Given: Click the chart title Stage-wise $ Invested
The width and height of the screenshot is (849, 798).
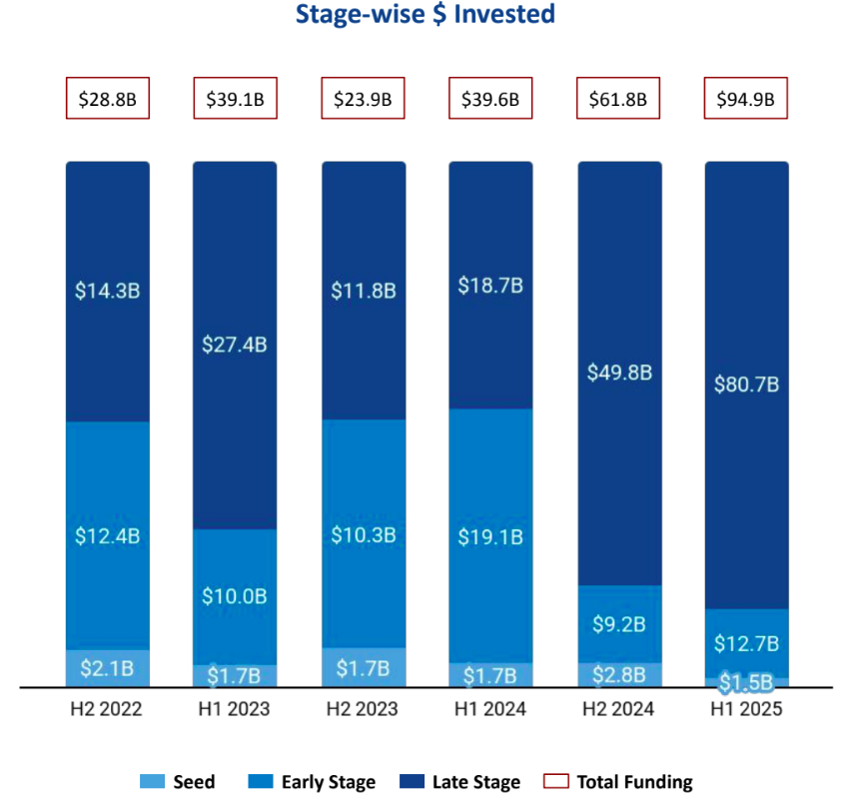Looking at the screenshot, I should click(424, 15).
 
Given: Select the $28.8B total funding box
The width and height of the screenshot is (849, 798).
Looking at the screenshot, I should click(108, 99).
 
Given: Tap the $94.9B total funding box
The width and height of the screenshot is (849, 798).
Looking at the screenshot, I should click(746, 99).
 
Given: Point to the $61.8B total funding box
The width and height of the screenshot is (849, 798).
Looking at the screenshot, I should click(618, 99).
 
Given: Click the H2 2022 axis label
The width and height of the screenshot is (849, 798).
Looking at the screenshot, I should click(108, 710).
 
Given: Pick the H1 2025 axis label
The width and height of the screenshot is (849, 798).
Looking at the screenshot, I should click(746, 710).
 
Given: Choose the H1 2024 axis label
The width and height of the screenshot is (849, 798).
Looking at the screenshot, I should click(490, 710).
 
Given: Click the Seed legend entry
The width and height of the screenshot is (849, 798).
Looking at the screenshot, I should click(178, 782).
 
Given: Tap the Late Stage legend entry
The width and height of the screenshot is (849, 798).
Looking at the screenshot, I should click(460, 782).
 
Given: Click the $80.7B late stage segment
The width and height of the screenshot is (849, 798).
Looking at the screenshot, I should click(746, 385).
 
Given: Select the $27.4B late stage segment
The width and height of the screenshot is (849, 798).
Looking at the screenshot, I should click(236, 345).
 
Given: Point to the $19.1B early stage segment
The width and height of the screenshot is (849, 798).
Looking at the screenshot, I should click(490, 536).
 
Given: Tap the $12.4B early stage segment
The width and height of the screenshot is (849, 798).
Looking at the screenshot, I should click(108, 536).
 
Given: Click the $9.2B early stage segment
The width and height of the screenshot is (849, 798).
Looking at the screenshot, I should click(618, 624).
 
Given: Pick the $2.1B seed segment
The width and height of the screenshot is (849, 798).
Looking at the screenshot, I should click(108, 668).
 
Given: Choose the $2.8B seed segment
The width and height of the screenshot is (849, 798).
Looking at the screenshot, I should click(618, 675).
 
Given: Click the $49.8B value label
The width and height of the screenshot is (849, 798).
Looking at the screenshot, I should click(618, 373).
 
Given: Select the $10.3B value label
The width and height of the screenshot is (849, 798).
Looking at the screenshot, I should click(364, 534).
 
